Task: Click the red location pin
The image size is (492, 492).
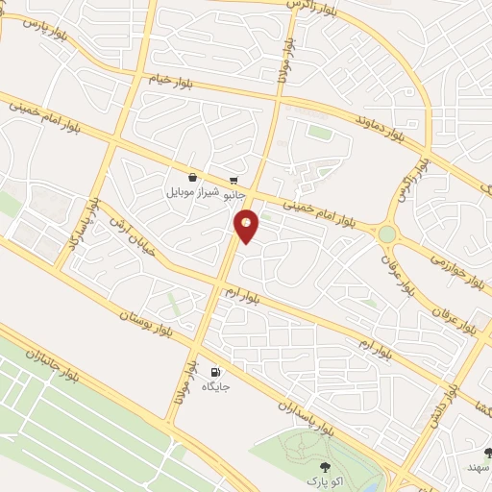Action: (247, 226)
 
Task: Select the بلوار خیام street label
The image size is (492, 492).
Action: (172, 80)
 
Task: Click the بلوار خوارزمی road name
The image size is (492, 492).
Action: (450, 269)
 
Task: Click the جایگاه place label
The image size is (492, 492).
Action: (213, 386)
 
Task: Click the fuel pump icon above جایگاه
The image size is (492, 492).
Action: (213, 372)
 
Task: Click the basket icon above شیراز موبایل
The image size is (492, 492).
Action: (193, 178)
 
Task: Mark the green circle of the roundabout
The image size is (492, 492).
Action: (387, 234)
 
